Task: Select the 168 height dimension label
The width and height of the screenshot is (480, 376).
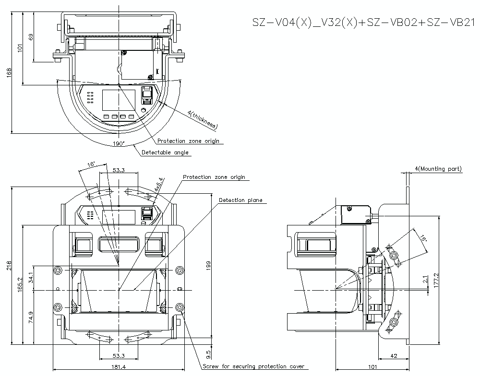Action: tap(9, 73)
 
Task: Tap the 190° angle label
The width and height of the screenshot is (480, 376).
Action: tap(119, 143)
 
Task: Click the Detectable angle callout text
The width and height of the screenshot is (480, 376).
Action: tap(165, 153)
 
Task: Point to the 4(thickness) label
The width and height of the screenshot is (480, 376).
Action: tap(203, 120)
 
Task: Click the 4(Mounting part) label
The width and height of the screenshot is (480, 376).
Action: tap(438, 169)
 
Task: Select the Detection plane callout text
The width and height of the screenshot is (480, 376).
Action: tap(240, 200)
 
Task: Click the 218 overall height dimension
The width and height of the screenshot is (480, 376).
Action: tap(9, 265)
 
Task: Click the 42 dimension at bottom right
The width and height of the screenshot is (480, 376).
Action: tap(393, 356)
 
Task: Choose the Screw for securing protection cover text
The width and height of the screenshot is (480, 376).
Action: tap(253, 366)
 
